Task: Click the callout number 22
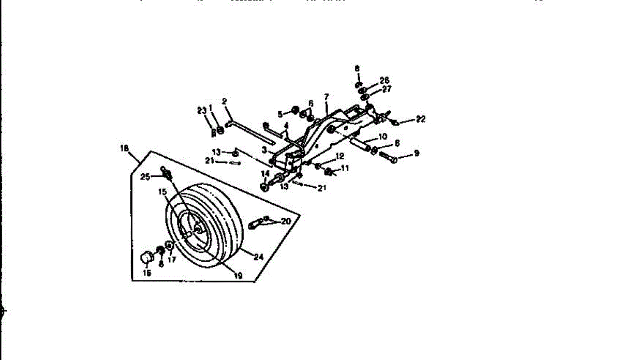click(x=420, y=119)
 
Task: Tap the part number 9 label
click(x=416, y=153)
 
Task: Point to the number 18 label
click(x=124, y=148)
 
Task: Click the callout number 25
click(x=145, y=177)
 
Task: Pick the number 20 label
click(x=286, y=221)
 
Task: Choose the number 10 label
click(x=382, y=137)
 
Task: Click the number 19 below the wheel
click(x=238, y=276)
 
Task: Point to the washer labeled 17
click(x=169, y=245)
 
